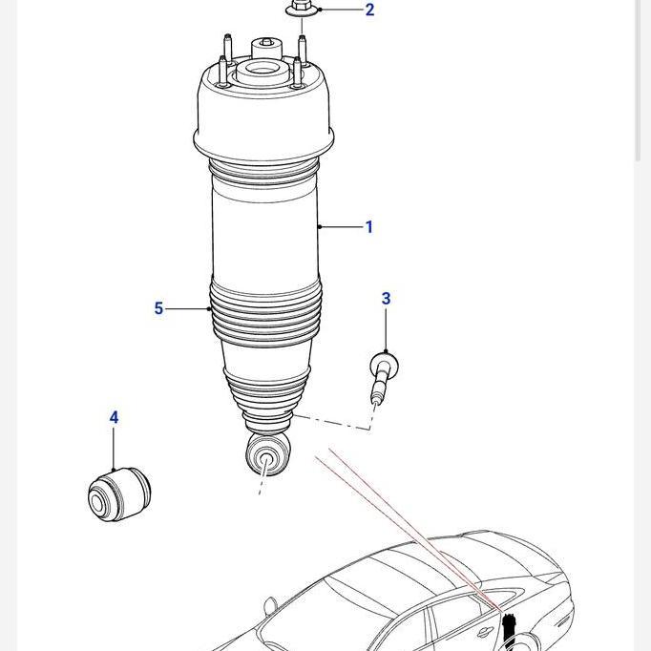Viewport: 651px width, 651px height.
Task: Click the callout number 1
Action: coord(368,227)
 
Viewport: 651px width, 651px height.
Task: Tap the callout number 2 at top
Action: coord(369,10)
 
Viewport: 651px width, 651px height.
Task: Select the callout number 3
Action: coord(386,299)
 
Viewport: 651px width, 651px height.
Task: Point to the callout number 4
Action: coord(114,417)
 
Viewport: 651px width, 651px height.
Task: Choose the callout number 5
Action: coord(158,308)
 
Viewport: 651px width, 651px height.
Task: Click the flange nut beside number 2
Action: coord(299,10)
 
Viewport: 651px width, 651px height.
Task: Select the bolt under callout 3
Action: coord(382,376)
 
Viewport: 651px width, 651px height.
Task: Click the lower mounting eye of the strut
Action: coord(266,459)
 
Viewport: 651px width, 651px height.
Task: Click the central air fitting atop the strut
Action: coord(263,53)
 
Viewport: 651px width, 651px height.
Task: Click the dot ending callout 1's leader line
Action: coord(320,227)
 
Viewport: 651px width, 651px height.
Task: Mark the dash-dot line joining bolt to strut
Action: coord(334,423)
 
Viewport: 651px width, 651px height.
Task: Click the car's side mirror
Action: coord(270,605)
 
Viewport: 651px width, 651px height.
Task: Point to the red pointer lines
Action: coord(401,520)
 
